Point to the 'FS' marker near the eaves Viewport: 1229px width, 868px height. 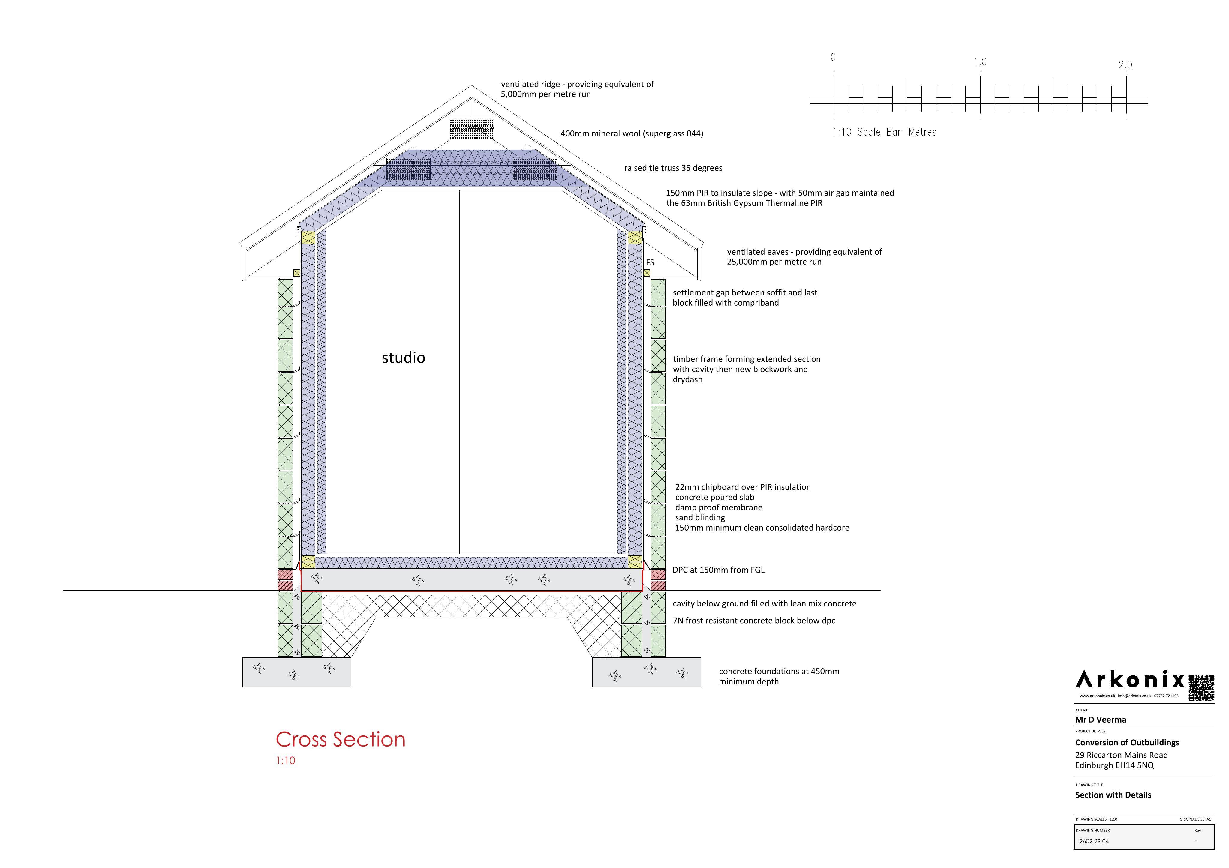650,263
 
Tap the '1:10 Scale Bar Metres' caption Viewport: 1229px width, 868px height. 884,132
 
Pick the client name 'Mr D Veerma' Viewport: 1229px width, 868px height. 1101,720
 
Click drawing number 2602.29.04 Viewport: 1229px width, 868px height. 1094,841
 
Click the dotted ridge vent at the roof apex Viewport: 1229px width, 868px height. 472,128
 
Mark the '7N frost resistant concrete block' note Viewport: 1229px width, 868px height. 754,621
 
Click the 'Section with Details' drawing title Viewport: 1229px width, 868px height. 1113,795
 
